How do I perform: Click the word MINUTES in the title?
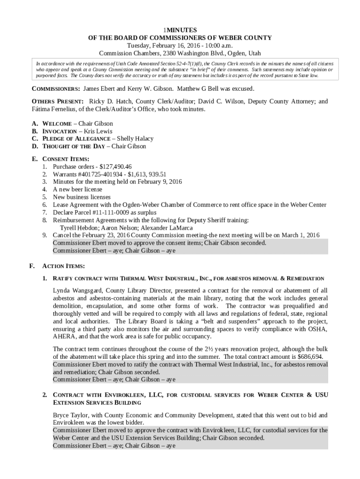point(181,29)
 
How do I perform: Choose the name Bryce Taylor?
point(70,415)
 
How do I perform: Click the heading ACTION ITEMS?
point(63,266)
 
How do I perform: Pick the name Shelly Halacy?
point(135,139)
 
